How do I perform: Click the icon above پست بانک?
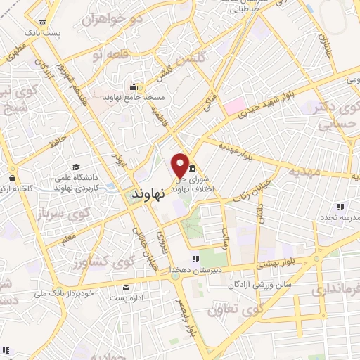[x=41, y=22]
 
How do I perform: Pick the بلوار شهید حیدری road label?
[x=264, y=106]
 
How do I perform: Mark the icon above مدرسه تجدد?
[x=340, y=207]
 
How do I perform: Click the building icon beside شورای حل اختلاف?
[x=193, y=169]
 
